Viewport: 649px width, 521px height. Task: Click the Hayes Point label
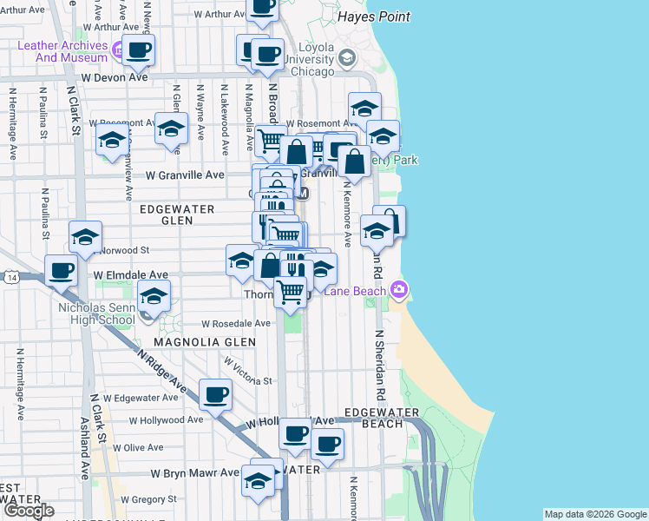pyautogui.click(x=374, y=17)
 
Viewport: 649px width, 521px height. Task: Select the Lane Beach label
pyautogui.click(x=357, y=291)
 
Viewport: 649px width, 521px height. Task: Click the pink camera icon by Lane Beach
pyautogui.click(x=398, y=289)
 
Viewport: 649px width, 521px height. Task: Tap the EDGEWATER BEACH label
pyautogui.click(x=374, y=418)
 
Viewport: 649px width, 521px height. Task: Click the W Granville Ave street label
pyautogui.click(x=184, y=175)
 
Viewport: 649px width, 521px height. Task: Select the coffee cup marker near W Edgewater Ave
pyautogui.click(x=215, y=393)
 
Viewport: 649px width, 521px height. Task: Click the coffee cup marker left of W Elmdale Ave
pyautogui.click(x=61, y=269)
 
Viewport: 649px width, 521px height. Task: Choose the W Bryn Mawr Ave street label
pyautogui.click(x=194, y=473)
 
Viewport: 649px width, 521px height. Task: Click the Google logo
pyautogui.click(x=28, y=511)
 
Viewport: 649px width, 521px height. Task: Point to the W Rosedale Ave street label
pyautogui.click(x=228, y=322)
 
